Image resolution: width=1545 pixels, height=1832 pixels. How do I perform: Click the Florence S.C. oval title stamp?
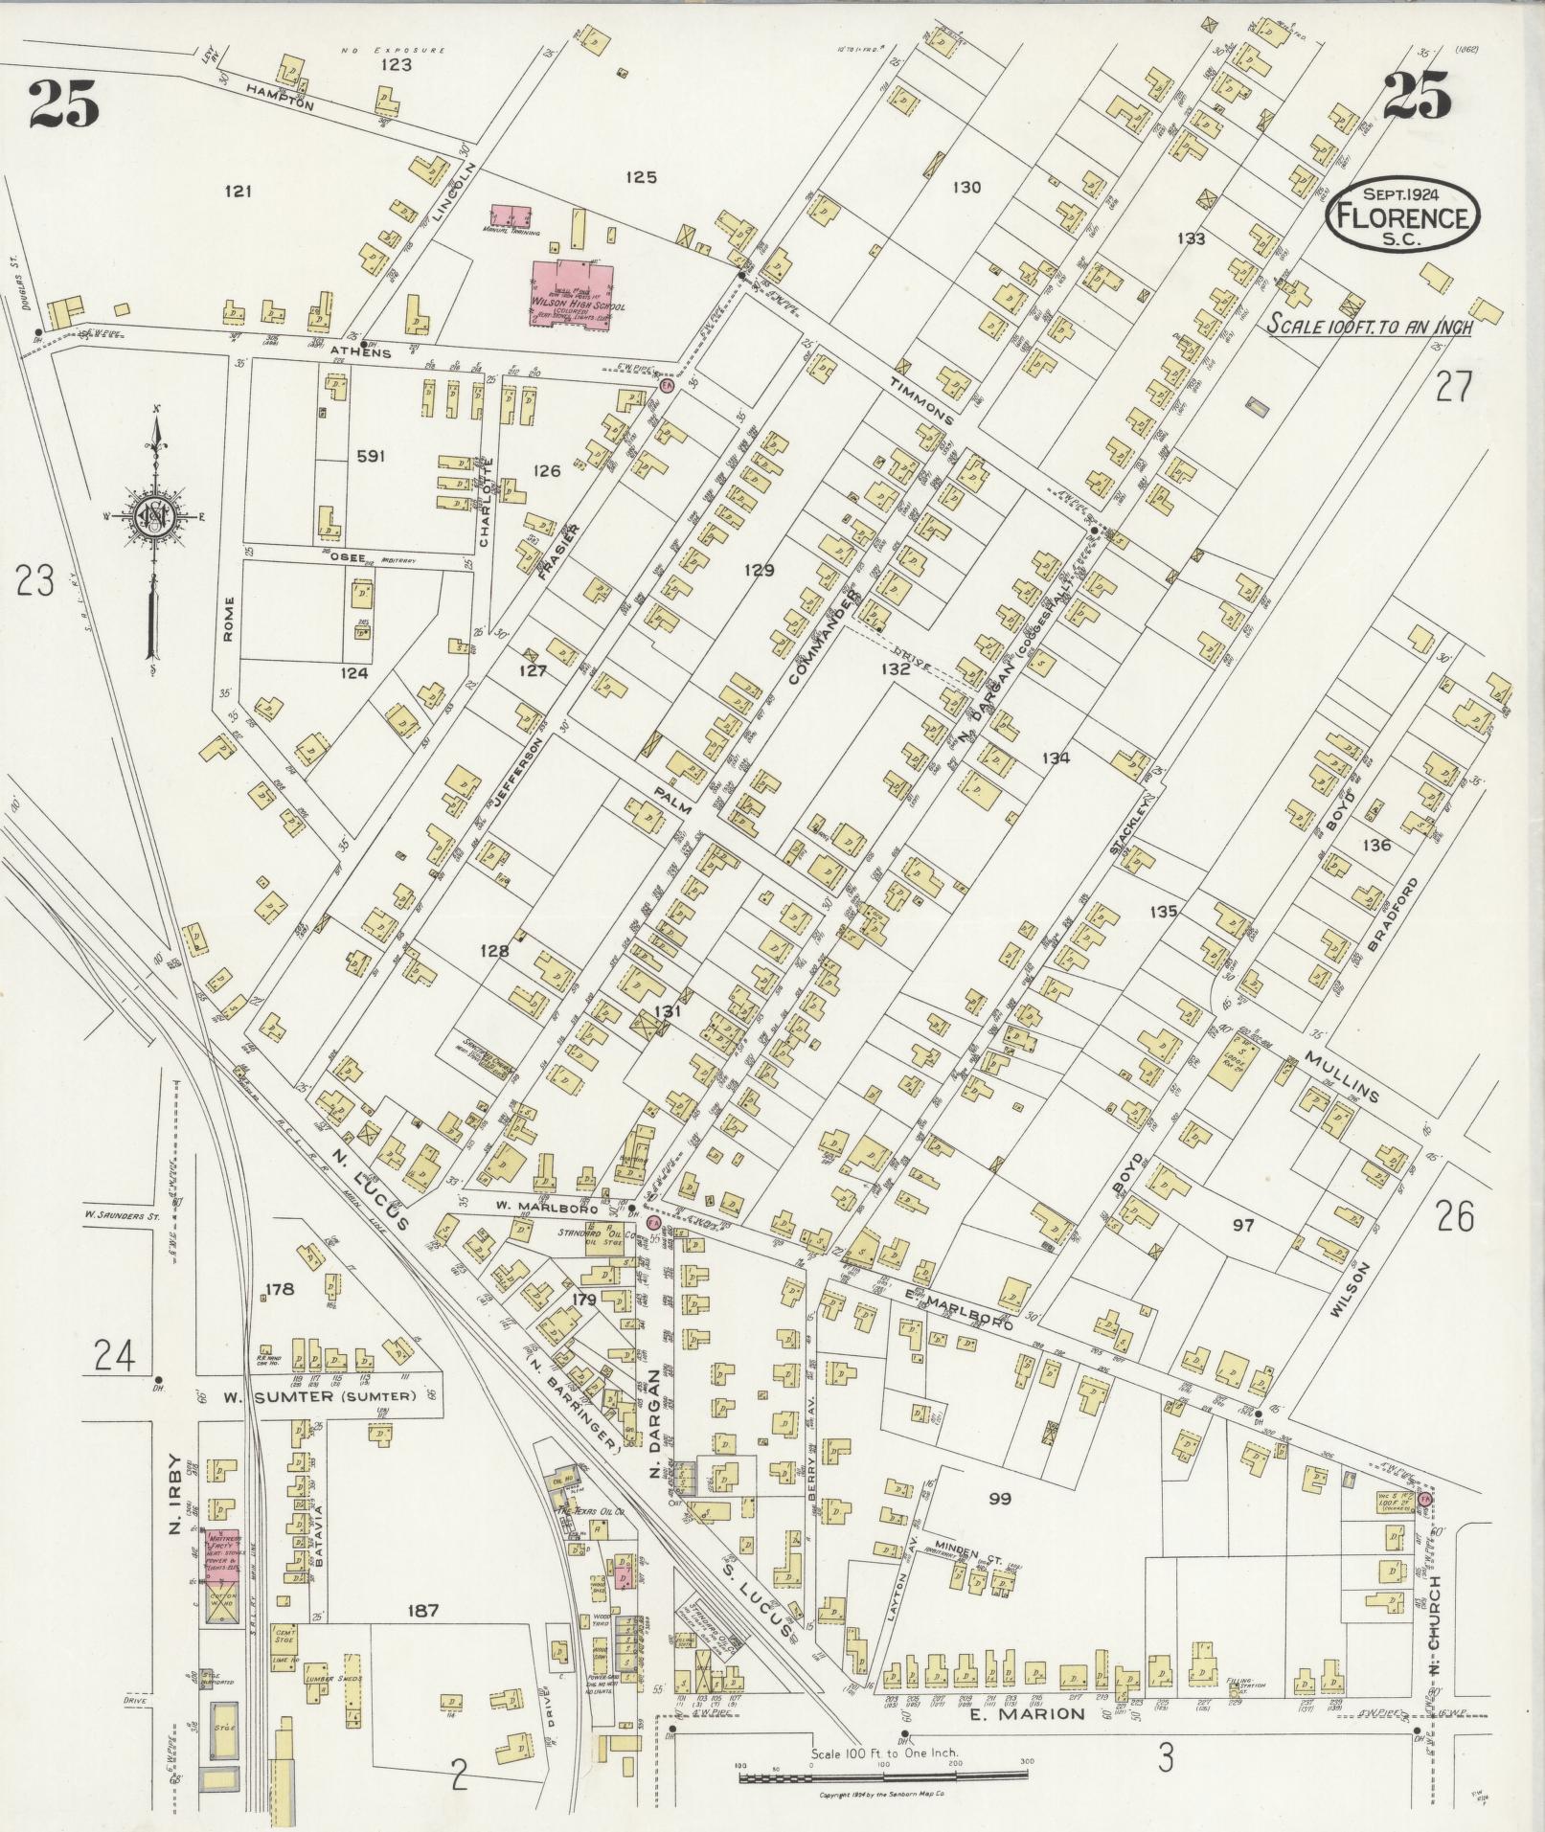pyautogui.click(x=1402, y=215)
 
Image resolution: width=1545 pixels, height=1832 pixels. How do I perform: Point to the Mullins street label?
pyautogui.click(x=1341, y=1074)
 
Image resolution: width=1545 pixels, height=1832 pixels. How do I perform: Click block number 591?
pyautogui.click(x=370, y=456)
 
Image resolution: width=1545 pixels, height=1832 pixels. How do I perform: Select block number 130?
pyautogui.click(x=966, y=188)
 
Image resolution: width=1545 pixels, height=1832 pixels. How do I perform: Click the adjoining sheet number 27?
pyautogui.click(x=1452, y=387)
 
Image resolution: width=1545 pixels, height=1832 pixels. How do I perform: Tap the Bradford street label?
pyautogui.click(x=1397, y=914)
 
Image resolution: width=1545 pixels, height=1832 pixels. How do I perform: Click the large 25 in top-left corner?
pyautogui.click(x=64, y=103)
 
